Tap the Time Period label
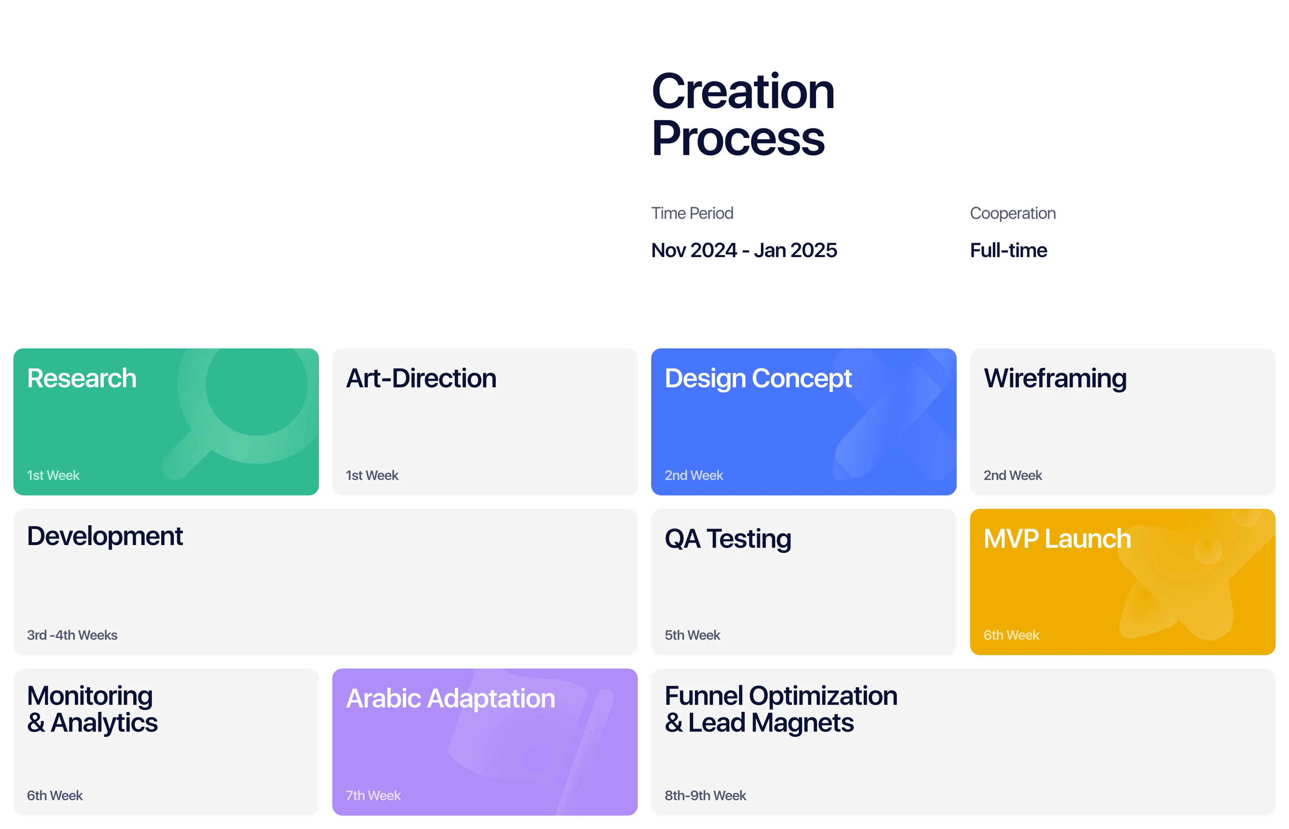pyautogui.click(x=692, y=213)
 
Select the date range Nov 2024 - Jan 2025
pyautogui.click(x=744, y=250)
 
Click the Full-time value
pyautogui.click(x=1008, y=250)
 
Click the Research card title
pyautogui.click(x=82, y=378)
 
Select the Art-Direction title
pyautogui.click(x=421, y=378)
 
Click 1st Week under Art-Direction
pyautogui.click(x=372, y=475)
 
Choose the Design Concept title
pyautogui.click(x=758, y=378)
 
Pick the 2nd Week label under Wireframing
pyautogui.click(x=1012, y=475)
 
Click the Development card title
pyautogui.click(x=105, y=536)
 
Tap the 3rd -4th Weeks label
pyautogui.click(x=72, y=635)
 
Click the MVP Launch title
pyautogui.click(x=1057, y=538)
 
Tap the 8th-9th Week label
pyautogui.click(x=705, y=796)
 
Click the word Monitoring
pyautogui.click(x=90, y=696)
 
